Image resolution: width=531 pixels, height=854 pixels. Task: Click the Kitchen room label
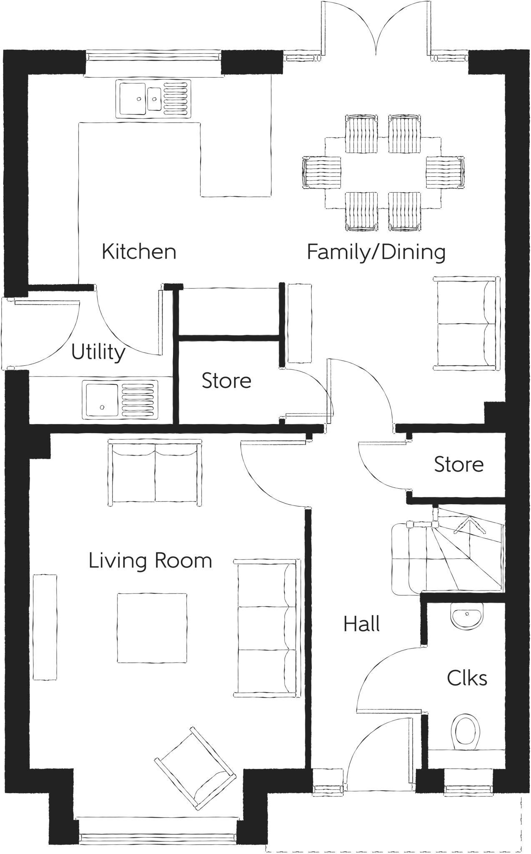point(139,252)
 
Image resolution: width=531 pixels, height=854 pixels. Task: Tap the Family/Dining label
point(376,252)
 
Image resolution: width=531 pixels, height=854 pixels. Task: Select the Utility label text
point(98,352)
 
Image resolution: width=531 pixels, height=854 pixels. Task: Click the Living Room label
point(150,561)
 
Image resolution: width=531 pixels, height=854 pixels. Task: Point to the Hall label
point(361,624)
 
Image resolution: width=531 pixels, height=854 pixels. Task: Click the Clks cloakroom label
point(467,678)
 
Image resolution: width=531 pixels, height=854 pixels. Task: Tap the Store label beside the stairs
point(458,465)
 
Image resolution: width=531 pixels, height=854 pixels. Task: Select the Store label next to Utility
point(226,381)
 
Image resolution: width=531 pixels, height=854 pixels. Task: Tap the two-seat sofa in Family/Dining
point(466,323)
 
